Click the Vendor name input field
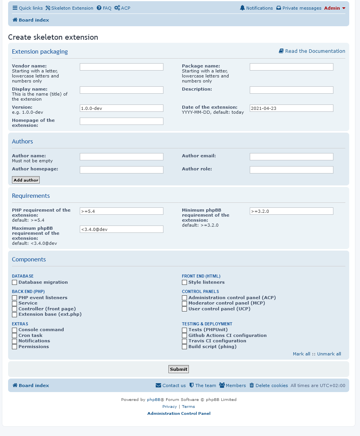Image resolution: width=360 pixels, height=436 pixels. click(x=121, y=67)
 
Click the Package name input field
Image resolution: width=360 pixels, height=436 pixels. click(x=291, y=67)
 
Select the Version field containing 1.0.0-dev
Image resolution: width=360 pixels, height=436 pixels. click(x=121, y=108)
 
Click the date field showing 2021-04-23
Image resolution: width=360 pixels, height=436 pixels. click(x=291, y=108)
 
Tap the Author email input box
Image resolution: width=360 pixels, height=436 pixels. click(x=291, y=157)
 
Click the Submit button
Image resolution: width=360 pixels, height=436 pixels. click(x=178, y=369)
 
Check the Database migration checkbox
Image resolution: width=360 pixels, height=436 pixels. click(x=15, y=283)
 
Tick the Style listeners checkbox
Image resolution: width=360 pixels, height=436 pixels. click(x=185, y=283)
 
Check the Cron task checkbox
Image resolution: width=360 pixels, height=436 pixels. click(x=15, y=336)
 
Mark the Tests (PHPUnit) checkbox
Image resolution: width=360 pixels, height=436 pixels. click(x=185, y=330)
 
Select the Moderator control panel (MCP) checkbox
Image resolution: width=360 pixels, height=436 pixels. click(x=185, y=303)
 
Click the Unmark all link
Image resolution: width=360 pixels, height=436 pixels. click(x=329, y=354)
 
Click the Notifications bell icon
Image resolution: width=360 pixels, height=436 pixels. click(x=242, y=8)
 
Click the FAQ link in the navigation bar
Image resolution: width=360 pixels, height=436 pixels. click(x=104, y=8)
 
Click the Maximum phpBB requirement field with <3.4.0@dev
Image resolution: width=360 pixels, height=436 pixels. click(x=121, y=229)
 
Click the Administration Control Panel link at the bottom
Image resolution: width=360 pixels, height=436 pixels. click(x=179, y=414)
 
